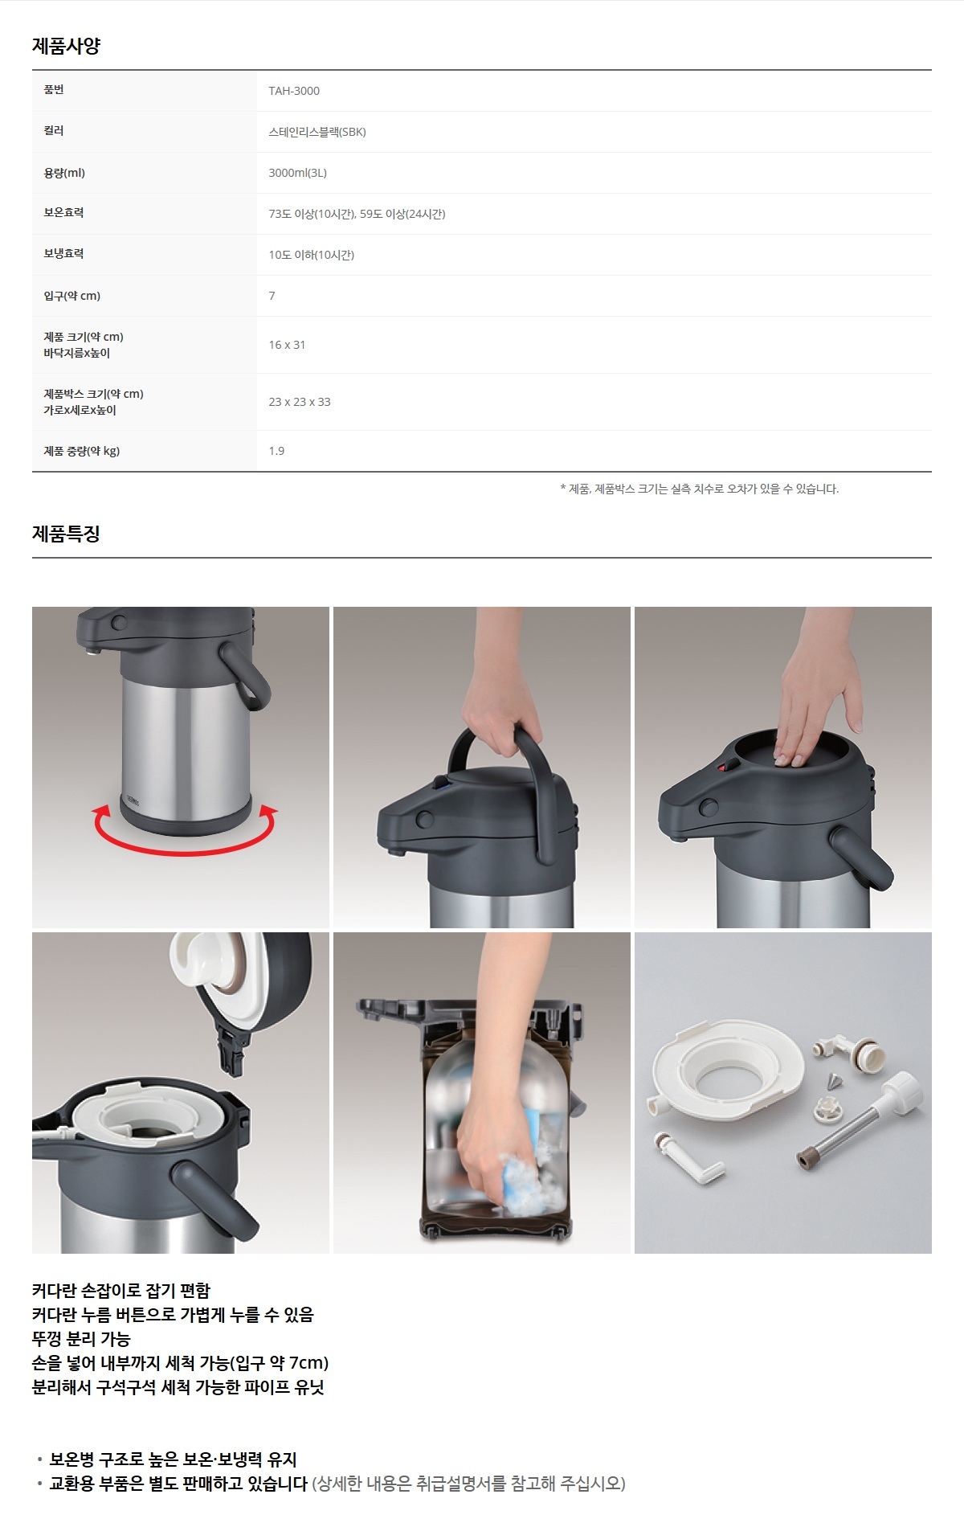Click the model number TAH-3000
click(294, 91)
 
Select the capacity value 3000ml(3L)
click(297, 173)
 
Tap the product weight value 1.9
click(276, 451)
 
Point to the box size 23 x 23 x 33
click(300, 402)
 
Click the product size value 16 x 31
click(287, 345)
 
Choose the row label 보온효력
click(63, 212)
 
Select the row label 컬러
click(54, 130)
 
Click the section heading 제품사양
click(66, 46)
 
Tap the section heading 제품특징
click(66, 534)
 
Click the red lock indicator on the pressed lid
click(724, 768)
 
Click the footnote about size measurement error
click(699, 489)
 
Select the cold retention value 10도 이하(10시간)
click(311, 255)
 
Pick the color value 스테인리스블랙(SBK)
click(317, 132)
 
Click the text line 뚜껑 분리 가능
click(81, 1339)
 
